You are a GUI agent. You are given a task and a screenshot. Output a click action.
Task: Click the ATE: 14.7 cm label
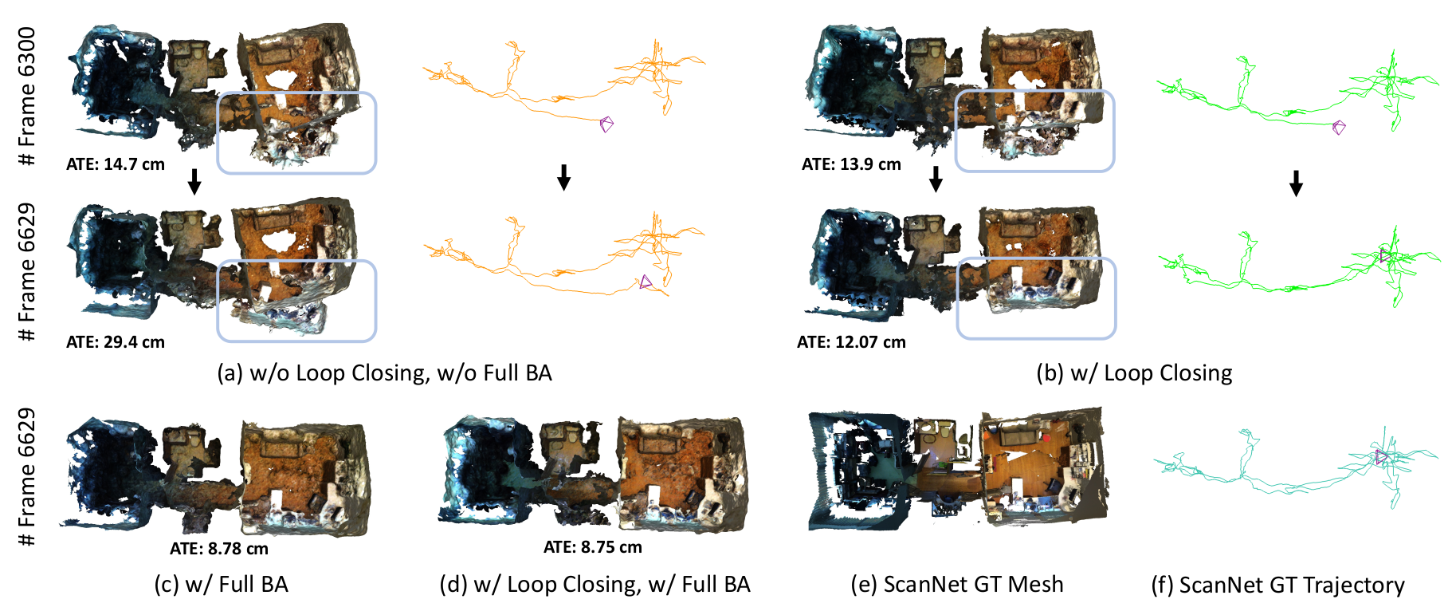[116, 164]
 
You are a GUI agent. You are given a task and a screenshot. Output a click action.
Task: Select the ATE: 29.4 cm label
[116, 342]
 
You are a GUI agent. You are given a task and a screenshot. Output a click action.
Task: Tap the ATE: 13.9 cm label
[851, 164]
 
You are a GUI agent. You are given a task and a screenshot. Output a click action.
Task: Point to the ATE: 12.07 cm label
[851, 342]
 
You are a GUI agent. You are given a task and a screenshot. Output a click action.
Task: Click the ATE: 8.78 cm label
[219, 549]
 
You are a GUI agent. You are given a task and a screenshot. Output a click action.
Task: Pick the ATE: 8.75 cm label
[593, 547]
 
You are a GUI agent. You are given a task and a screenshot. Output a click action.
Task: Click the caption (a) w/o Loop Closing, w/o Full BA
[385, 373]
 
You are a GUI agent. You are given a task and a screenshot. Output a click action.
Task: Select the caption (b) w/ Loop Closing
[1134, 373]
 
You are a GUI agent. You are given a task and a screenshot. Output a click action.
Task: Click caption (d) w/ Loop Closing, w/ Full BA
[595, 585]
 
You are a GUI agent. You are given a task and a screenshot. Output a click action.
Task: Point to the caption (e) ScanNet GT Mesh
[957, 585]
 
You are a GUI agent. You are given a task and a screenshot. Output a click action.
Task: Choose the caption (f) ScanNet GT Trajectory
[1278, 585]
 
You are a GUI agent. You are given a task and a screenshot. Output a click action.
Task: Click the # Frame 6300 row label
[27, 97]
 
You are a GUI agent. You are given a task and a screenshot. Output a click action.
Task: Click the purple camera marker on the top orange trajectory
[606, 124]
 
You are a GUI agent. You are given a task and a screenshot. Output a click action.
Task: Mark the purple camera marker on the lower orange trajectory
[646, 282]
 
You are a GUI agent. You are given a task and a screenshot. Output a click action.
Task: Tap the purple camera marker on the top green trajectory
[1339, 127]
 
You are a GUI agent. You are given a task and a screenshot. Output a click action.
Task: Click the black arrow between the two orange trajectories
[563, 177]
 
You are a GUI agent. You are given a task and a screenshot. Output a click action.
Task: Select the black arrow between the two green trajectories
[1296, 183]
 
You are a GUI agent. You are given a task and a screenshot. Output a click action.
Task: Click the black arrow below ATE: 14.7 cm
[194, 182]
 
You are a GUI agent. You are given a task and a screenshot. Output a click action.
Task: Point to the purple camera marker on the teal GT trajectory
[1381, 457]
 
